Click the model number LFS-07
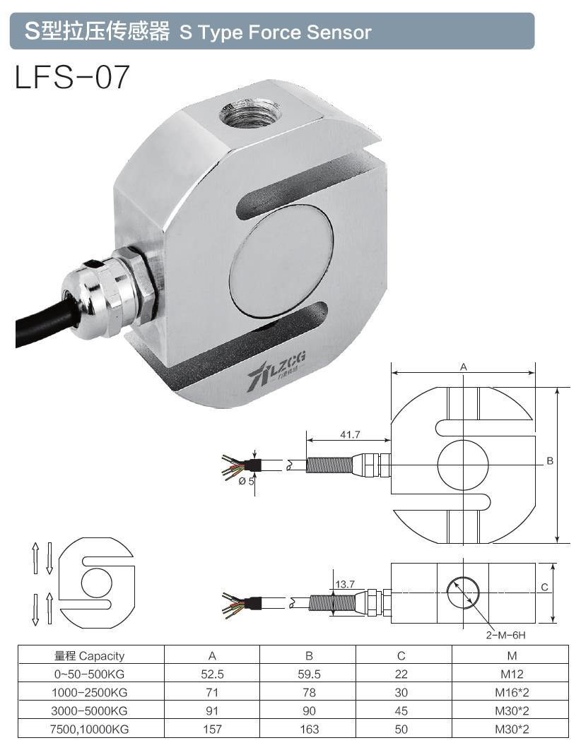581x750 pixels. click(73, 78)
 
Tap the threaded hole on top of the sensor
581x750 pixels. click(250, 112)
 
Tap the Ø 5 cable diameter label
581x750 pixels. click(246, 482)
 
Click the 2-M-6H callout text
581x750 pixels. click(505, 635)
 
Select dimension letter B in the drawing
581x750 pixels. click(549, 461)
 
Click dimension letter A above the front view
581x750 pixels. click(464, 367)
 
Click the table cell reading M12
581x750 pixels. click(513, 674)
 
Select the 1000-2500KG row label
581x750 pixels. click(90, 692)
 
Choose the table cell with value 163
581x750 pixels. click(309, 729)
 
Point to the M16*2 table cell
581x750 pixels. click(513, 692)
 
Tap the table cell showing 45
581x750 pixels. click(401, 710)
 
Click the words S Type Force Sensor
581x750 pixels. click(275, 32)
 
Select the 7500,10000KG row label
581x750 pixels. click(90, 729)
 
